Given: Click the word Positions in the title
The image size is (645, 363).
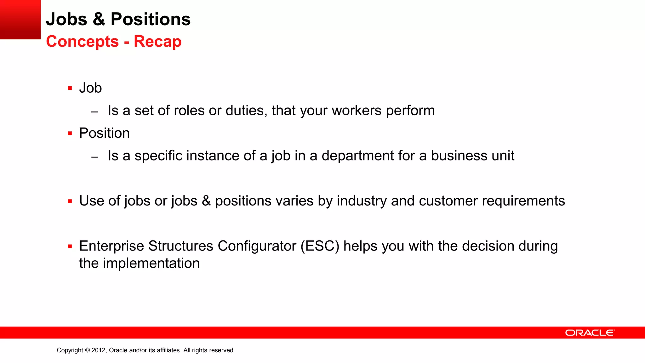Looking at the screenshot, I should (151, 19).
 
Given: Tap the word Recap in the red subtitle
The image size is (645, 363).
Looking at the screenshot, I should (157, 42).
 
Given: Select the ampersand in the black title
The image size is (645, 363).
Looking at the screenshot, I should (99, 19).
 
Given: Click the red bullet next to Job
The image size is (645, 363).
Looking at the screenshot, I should (70, 88).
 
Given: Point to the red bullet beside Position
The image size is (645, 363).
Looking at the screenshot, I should (70, 134).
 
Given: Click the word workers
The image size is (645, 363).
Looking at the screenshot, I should (357, 111).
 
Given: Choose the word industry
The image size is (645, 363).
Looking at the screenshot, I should (362, 201).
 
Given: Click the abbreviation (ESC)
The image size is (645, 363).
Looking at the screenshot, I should (320, 246).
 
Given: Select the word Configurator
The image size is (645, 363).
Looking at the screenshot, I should (257, 246).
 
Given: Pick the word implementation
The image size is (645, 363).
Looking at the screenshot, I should (151, 263).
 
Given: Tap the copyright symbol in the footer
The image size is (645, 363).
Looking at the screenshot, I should (87, 350).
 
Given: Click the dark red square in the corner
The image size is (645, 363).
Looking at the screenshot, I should (20, 20).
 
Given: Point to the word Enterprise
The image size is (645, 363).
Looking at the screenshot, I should (111, 246).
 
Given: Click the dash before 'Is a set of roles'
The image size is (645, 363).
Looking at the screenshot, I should (95, 112).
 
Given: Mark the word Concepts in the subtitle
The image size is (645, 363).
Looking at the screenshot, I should (83, 42).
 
